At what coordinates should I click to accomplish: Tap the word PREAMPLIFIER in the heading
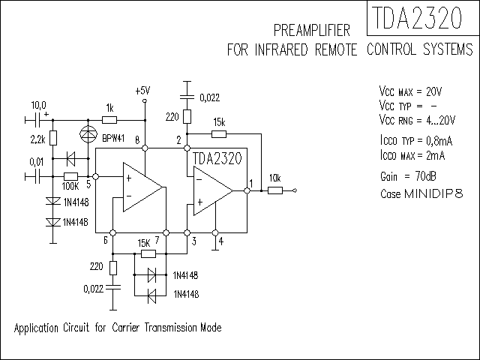click(312, 30)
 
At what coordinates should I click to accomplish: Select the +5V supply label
click(142, 91)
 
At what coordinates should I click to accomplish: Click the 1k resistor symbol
click(109, 120)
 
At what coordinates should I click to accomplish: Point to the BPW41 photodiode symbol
click(88, 134)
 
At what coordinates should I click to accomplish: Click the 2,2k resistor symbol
click(53, 138)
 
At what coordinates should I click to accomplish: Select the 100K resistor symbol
click(70, 177)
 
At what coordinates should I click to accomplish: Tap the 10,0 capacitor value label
click(38, 105)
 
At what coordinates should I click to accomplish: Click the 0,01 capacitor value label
click(37, 162)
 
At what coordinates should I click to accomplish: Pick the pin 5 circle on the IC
click(95, 177)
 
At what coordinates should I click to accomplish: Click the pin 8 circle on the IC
click(145, 148)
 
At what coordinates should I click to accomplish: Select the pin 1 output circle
click(247, 190)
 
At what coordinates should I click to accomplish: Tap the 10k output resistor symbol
click(275, 190)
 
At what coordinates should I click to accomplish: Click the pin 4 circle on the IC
click(215, 233)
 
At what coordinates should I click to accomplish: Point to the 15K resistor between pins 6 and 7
click(148, 253)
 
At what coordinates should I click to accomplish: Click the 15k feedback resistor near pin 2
click(219, 133)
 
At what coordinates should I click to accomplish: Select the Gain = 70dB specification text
click(408, 177)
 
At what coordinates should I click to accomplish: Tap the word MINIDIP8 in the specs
click(433, 193)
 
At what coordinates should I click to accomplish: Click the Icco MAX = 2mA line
click(412, 155)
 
